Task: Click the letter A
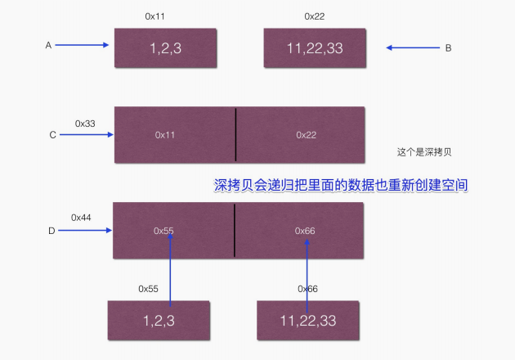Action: pos(48,46)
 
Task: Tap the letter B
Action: pos(448,48)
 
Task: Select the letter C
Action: pos(52,135)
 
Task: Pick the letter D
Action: pos(51,231)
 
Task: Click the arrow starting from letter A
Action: pos(82,46)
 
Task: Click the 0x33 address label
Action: pos(85,123)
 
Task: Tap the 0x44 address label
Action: pos(82,218)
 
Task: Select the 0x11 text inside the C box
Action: pos(165,134)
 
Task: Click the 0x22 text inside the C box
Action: pos(306,134)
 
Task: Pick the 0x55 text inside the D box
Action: pos(163,231)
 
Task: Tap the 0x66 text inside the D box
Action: pos(305,231)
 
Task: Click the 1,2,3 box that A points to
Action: pos(167,47)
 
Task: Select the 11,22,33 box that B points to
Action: pos(316,47)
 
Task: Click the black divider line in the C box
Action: pos(235,135)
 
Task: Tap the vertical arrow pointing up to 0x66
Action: pos(307,266)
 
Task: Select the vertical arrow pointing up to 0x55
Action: pos(170,266)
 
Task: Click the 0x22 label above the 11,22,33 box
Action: pos(315,16)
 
